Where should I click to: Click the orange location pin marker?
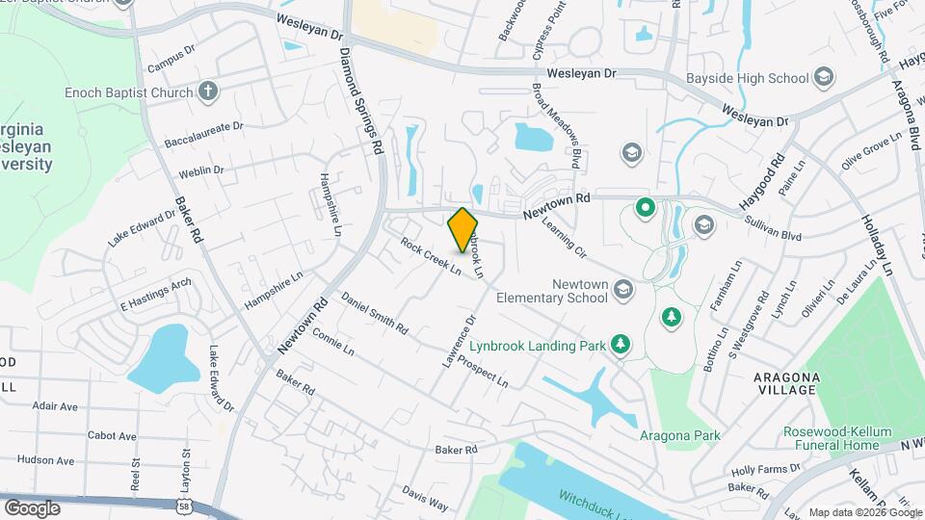pyautogui.click(x=463, y=230)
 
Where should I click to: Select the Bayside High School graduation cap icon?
pyautogui.click(x=823, y=76)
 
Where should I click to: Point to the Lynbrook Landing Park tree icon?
pyautogui.click(x=621, y=344)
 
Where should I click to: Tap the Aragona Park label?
pyautogui.click(x=680, y=435)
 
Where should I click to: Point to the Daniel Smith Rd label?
pyautogui.click(x=374, y=314)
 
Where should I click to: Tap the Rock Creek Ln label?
pyautogui.click(x=430, y=256)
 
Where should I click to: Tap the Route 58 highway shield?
pyautogui.click(x=183, y=505)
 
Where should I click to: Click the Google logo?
pyautogui.click(x=32, y=507)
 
